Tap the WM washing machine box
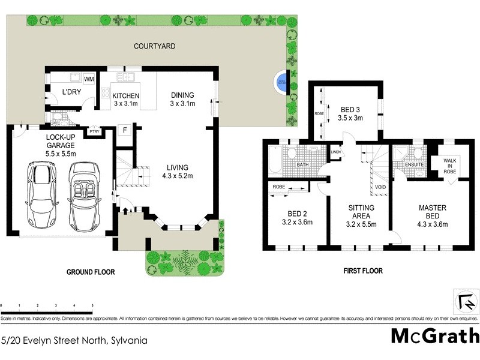point(89,79)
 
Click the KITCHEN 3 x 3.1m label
point(126,100)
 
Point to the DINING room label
point(182,100)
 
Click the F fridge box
point(125,130)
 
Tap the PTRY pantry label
point(94,131)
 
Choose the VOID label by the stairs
point(380,187)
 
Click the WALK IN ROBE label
point(450,166)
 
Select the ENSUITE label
point(414,164)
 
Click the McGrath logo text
point(435,335)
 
